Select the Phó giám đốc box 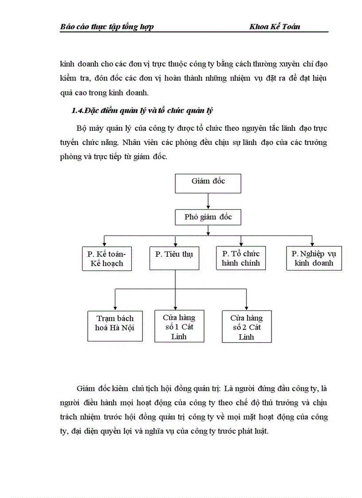point(208,217)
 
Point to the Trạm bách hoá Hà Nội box point(115,326)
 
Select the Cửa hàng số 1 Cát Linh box point(179,326)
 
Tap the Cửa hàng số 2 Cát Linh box point(247,326)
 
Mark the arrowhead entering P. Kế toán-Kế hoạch point(104,244)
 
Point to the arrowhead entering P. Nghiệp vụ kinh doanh point(312,244)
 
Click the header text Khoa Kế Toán point(275,27)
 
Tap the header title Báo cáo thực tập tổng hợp point(107,27)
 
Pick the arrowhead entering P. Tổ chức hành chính point(241,244)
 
